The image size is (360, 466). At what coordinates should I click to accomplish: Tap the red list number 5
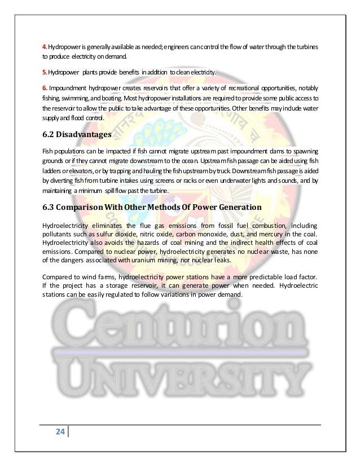click(45, 72)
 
